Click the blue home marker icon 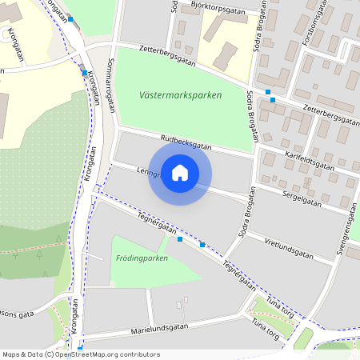[180, 172]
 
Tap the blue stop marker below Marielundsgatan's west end [80, 349]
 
